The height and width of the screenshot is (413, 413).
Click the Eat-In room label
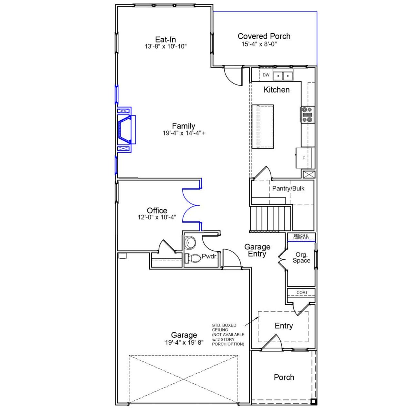pyautogui.click(x=166, y=40)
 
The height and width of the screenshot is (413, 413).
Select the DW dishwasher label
pyautogui.click(x=266, y=75)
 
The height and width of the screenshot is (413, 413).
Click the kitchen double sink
pyautogui.click(x=283, y=76)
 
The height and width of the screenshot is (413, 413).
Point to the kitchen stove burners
pyautogui.click(x=307, y=115)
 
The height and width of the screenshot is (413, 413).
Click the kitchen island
pyautogui.click(x=263, y=126)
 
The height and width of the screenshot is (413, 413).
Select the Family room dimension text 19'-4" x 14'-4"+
pyautogui.click(x=183, y=133)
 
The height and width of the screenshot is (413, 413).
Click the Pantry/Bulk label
pyautogui.click(x=288, y=188)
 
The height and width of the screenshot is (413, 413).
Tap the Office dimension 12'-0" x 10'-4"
pyautogui.click(x=157, y=217)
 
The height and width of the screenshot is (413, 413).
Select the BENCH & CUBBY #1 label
pyautogui.click(x=301, y=237)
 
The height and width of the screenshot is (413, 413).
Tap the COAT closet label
pyautogui.click(x=302, y=293)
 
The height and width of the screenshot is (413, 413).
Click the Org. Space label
pyautogui.click(x=301, y=257)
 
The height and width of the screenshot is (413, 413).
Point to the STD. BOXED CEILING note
pyautogui.click(x=228, y=335)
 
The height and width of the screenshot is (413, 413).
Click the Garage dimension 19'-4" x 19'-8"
pyautogui.click(x=184, y=343)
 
